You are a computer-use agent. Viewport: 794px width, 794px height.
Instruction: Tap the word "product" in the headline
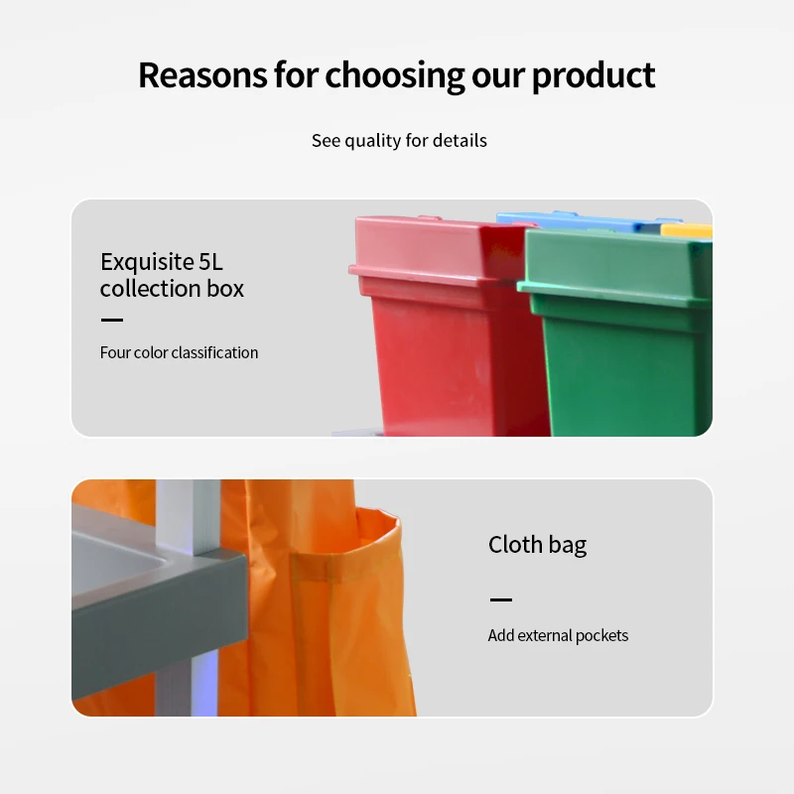pos(593,76)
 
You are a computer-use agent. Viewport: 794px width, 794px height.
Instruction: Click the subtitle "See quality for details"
pos(399,141)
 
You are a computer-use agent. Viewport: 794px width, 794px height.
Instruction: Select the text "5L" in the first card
pos(210,262)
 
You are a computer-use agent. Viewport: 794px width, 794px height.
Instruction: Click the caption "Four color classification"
pos(179,352)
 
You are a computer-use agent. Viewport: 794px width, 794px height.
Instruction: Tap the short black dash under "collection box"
pos(112,320)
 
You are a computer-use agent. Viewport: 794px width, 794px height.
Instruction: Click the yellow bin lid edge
pos(687,230)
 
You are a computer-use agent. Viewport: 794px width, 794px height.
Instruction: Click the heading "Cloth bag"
pos(537,544)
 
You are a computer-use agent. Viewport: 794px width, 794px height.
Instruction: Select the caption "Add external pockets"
pos(558,635)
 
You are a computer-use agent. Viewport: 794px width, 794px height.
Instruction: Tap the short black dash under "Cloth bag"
pos(501,599)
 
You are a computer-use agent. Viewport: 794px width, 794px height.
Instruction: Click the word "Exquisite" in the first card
pos(147,262)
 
